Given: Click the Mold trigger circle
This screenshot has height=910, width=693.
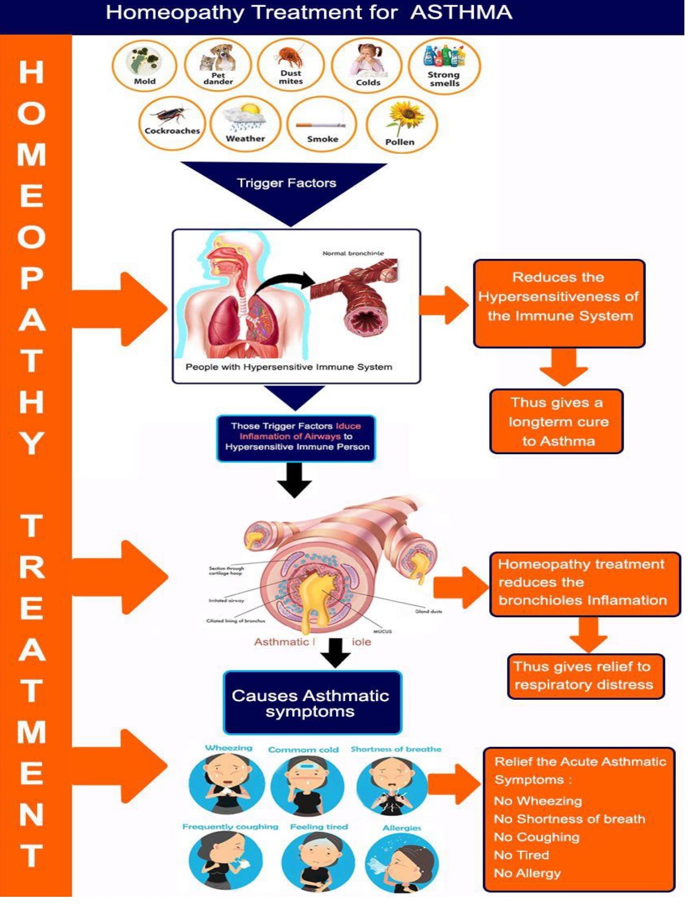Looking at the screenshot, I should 144,65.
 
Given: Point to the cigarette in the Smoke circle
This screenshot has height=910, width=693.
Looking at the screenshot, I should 321,125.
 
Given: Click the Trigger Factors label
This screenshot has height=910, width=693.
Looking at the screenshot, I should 286,183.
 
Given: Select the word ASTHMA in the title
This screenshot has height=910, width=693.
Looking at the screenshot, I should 461,13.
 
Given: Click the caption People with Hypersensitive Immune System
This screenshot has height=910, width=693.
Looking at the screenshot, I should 289,367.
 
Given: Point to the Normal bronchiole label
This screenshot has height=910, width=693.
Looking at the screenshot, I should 353,253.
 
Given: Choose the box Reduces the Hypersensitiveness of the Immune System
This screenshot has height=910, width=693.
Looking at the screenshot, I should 559,303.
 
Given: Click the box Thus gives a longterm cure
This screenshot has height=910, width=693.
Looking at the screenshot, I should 556,421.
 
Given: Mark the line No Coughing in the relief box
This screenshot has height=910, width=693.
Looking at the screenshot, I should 537,837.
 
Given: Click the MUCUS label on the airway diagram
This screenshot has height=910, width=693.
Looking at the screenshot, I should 383,631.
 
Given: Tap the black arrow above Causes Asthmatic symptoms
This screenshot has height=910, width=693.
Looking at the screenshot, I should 335,653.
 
